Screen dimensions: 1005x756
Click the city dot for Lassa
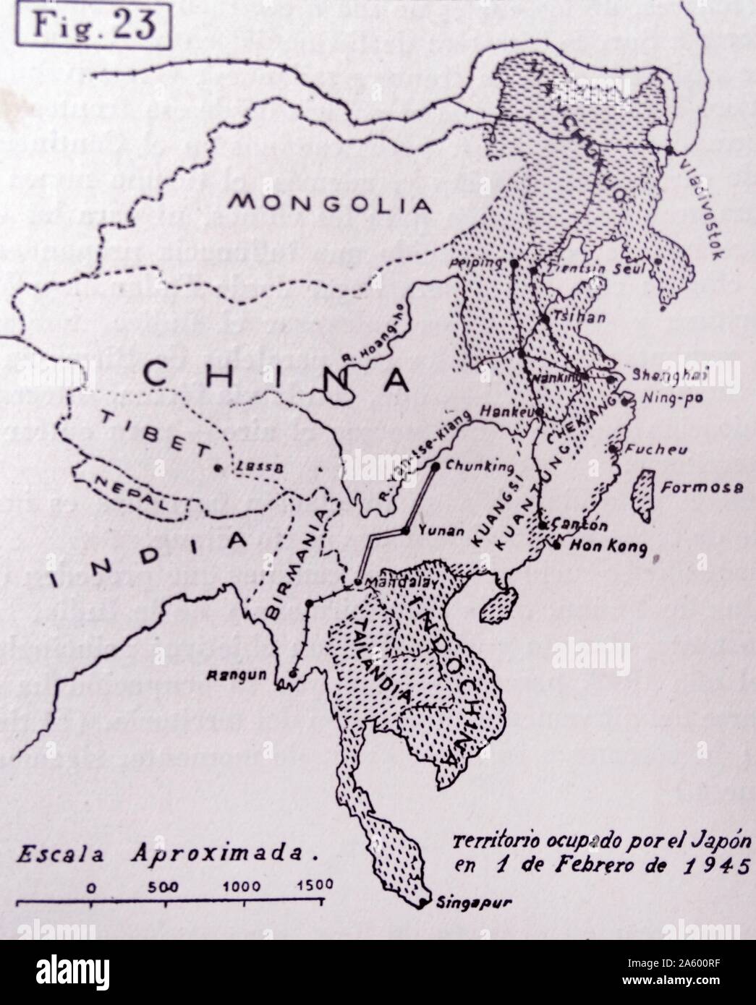216,469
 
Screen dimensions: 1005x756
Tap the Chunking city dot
436,466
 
